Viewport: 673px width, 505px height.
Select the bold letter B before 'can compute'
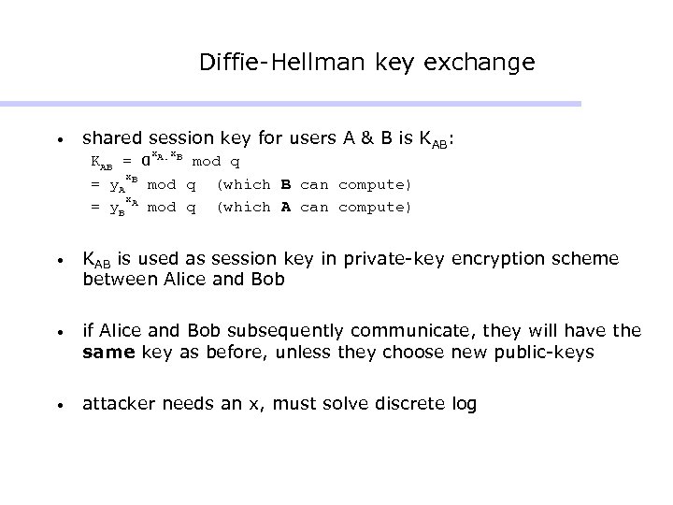[x=286, y=184]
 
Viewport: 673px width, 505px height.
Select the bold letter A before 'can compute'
[x=286, y=207]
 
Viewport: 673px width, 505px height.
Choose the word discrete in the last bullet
[x=404, y=404]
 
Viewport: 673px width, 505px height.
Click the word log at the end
[x=463, y=404]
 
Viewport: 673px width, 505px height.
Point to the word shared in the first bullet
[x=109, y=139]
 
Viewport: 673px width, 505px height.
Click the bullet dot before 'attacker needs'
[x=59, y=406]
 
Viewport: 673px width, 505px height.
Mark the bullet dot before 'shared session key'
[x=59, y=141]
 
